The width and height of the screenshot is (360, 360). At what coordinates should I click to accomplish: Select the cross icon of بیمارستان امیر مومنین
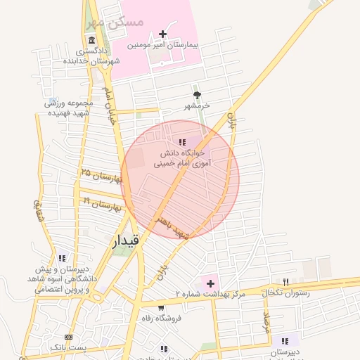(163, 34)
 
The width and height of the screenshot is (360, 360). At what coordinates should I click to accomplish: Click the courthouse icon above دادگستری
(91, 40)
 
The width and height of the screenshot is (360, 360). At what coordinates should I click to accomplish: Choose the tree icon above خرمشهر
(197, 96)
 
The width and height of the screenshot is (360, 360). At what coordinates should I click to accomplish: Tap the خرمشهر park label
(198, 106)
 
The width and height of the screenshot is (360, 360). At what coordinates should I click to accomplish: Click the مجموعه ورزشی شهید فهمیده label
(69, 108)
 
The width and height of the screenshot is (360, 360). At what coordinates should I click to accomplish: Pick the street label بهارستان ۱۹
(103, 205)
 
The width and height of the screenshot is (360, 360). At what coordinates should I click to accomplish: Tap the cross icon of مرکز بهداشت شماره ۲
(210, 283)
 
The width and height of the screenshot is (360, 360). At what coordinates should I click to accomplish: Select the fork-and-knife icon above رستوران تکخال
(285, 281)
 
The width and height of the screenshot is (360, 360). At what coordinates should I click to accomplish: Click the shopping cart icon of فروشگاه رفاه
(161, 307)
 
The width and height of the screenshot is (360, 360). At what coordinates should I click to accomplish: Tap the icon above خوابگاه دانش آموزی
(183, 143)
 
